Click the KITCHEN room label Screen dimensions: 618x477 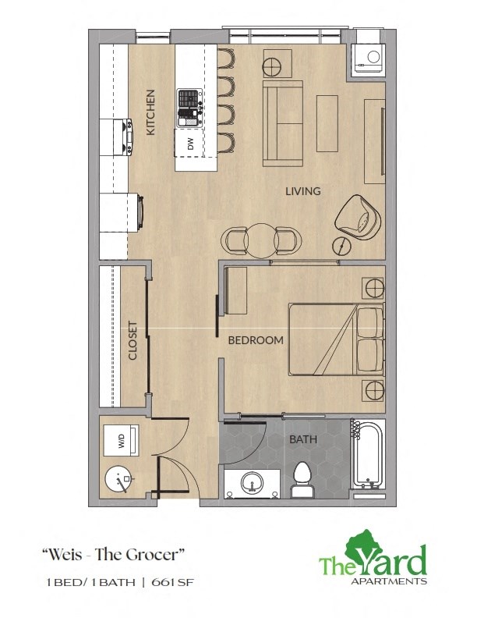tap(151, 113)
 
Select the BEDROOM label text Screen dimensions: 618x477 tap(255, 341)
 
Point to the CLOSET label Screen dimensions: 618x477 tap(133, 341)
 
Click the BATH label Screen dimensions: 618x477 tap(303, 440)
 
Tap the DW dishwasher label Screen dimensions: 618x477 tap(189, 144)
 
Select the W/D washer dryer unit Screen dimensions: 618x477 tap(122, 441)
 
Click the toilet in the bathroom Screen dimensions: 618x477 tap(302, 479)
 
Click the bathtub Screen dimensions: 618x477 tap(367, 455)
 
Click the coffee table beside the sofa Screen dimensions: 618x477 tap(327, 123)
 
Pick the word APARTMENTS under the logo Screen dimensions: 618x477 tap(397, 581)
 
